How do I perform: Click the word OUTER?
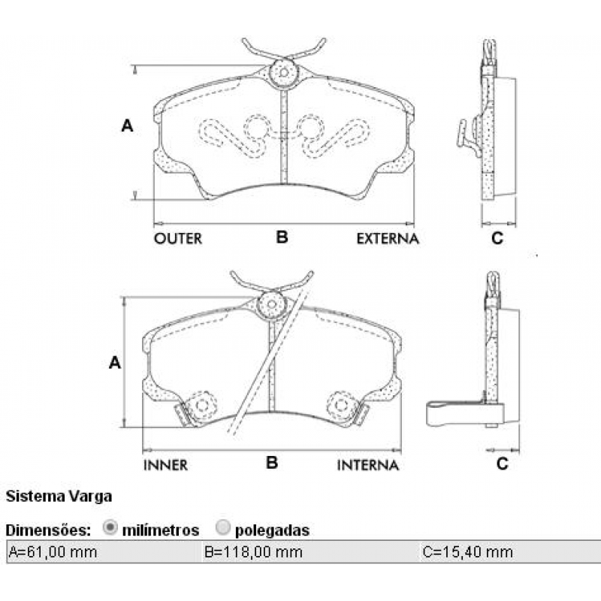click(178, 239)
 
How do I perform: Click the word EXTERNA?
click(387, 239)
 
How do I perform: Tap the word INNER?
click(165, 465)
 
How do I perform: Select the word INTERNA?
click(367, 465)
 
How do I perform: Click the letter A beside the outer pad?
click(127, 126)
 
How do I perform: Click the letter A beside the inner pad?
click(114, 364)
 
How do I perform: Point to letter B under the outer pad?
click(282, 237)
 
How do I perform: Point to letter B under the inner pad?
click(272, 463)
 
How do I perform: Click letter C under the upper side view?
click(497, 239)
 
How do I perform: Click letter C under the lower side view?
click(503, 464)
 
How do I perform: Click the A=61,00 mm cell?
click(53, 552)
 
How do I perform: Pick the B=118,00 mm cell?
click(253, 552)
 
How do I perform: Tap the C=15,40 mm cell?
click(468, 552)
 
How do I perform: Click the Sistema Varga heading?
click(59, 496)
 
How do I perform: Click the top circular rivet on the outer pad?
click(283, 73)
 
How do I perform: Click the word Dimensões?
click(49, 530)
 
